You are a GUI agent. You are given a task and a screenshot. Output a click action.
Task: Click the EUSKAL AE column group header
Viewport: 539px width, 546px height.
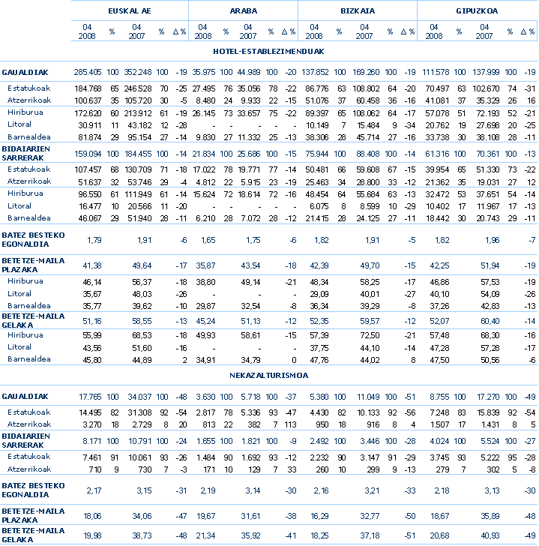click(x=130, y=11)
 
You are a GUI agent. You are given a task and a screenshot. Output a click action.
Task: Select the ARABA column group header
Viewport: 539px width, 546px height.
click(x=244, y=11)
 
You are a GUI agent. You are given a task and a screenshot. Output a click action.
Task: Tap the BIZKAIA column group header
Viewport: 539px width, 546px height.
click(x=358, y=11)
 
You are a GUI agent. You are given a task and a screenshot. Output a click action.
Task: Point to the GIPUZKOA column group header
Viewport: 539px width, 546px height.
click(x=477, y=11)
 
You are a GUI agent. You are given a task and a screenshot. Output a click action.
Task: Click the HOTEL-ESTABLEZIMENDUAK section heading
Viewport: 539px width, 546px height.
click(x=268, y=51)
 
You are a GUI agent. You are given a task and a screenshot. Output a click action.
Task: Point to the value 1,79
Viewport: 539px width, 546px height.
click(x=94, y=239)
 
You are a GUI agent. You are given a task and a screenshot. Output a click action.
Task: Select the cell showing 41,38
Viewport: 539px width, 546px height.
click(x=92, y=265)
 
